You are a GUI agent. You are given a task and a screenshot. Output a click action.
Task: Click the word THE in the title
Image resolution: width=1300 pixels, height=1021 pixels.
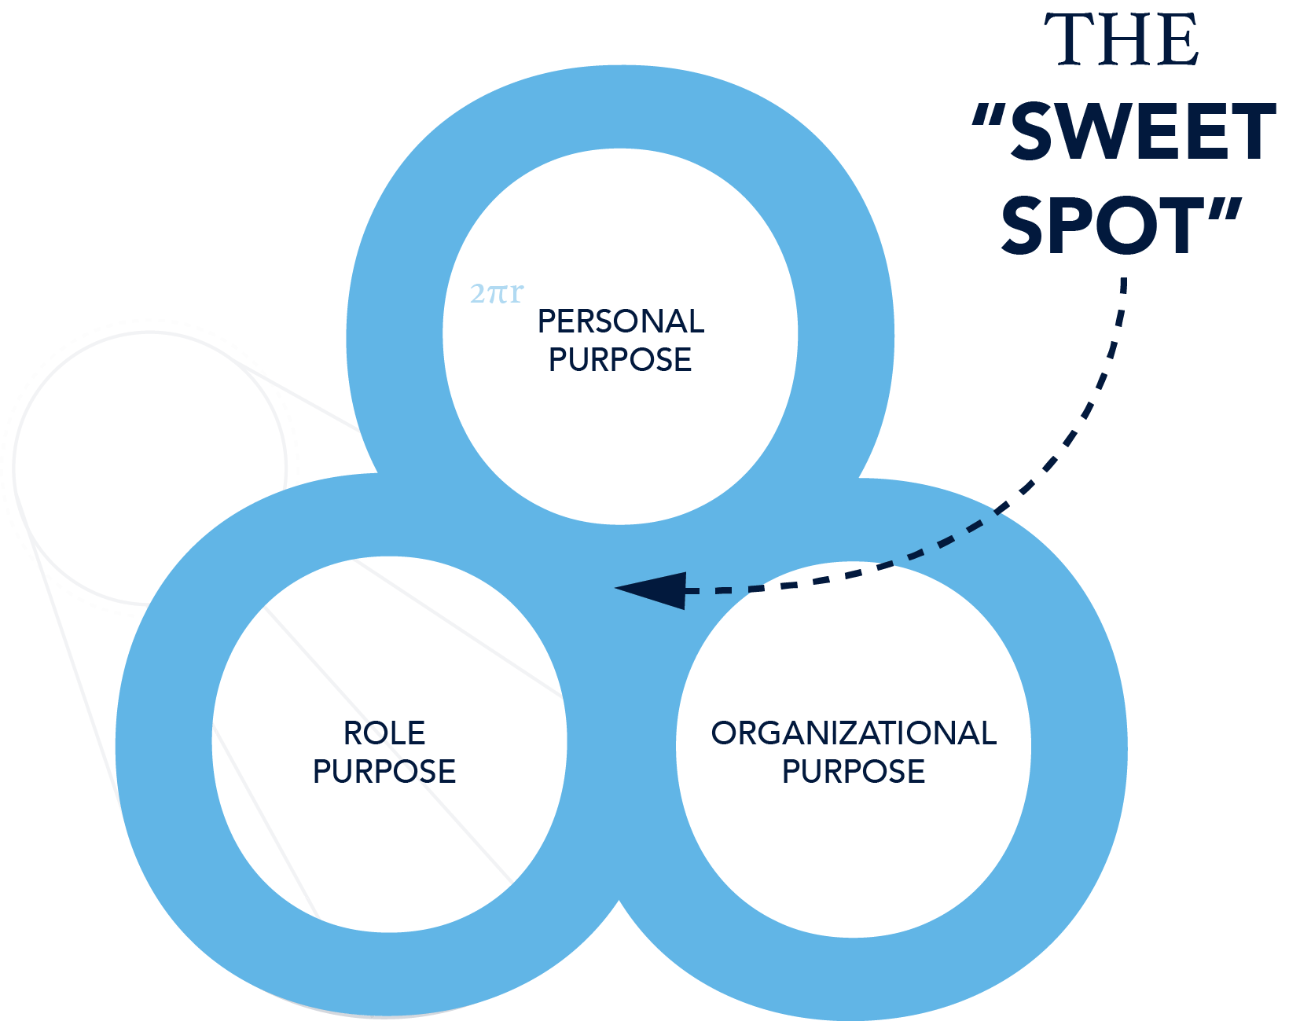point(1122,40)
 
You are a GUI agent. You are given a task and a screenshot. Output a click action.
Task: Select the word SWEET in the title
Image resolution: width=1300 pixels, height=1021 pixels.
point(1142,131)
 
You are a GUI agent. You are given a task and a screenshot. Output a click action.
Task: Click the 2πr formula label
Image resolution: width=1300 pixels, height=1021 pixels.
point(496,294)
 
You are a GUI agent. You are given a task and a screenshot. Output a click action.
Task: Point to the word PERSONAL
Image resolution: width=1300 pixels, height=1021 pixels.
point(620,321)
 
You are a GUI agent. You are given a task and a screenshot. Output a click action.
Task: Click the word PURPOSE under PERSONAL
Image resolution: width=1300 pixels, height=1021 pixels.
point(620,360)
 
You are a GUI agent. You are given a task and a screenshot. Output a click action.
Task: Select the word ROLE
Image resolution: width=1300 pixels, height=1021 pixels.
point(384,733)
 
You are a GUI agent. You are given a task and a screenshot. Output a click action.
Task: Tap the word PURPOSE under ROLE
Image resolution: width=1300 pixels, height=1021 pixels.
point(384,771)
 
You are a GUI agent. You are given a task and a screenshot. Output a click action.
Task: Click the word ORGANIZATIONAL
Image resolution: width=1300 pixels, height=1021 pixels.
point(854,733)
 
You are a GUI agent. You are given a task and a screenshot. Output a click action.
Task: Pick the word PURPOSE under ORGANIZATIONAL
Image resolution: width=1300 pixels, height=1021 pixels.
point(854,771)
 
